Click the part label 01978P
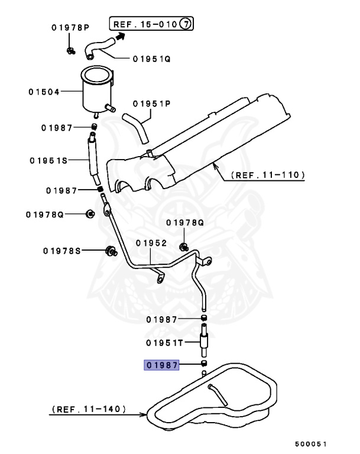(x=70, y=27)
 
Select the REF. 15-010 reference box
(x=151, y=24)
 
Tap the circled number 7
(x=186, y=24)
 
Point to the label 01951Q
(x=151, y=59)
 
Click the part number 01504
(x=44, y=92)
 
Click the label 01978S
(x=61, y=251)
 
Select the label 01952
(x=151, y=242)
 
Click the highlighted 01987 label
(x=162, y=365)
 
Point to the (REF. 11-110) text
(x=268, y=175)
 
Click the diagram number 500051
(x=312, y=443)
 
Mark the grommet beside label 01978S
(x=109, y=251)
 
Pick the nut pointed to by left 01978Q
(x=90, y=213)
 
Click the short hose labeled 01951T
(x=204, y=340)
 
